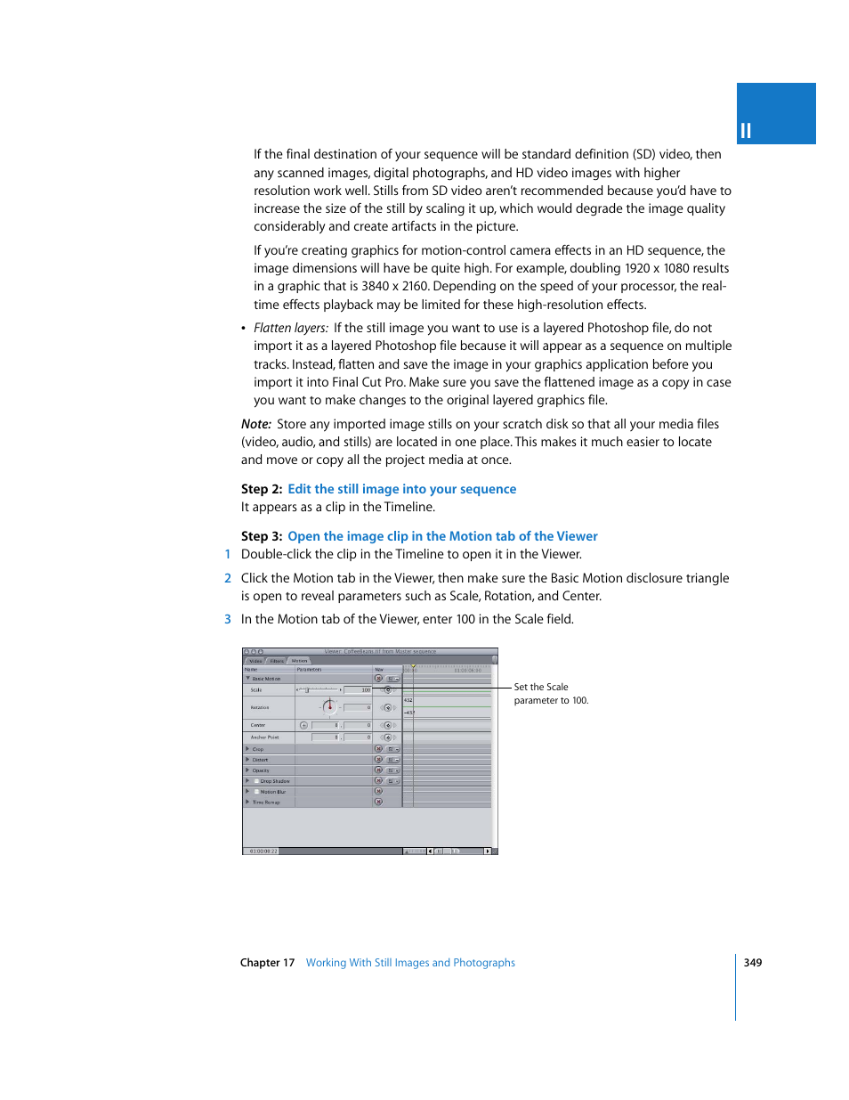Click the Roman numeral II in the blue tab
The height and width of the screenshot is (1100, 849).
pos(746,131)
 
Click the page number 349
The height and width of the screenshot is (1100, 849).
pos(752,962)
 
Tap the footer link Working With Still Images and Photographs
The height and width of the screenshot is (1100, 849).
pos(410,962)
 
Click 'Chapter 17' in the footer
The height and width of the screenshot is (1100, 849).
pos(267,962)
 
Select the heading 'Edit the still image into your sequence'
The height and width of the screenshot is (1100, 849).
pos(401,489)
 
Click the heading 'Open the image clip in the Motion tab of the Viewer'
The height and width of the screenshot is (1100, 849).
pos(442,536)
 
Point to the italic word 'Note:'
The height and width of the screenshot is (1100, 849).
pos(256,424)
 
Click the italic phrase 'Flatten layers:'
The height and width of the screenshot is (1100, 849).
pos(291,328)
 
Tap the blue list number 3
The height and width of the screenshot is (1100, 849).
pos(228,619)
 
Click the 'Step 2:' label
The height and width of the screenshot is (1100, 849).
pos(262,489)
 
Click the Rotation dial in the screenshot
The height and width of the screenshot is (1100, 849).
pos(330,707)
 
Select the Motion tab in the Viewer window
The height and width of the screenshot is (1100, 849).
pos(300,661)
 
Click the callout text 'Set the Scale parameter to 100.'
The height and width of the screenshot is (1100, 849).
pos(550,693)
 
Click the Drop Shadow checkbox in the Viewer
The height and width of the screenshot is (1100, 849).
pos(256,781)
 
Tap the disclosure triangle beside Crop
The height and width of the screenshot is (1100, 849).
pos(247,749)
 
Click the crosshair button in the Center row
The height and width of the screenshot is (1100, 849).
pos(303,725)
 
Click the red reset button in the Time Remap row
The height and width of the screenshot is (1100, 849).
pos(378,802)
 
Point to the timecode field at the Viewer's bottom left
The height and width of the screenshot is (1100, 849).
pos(264,851)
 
